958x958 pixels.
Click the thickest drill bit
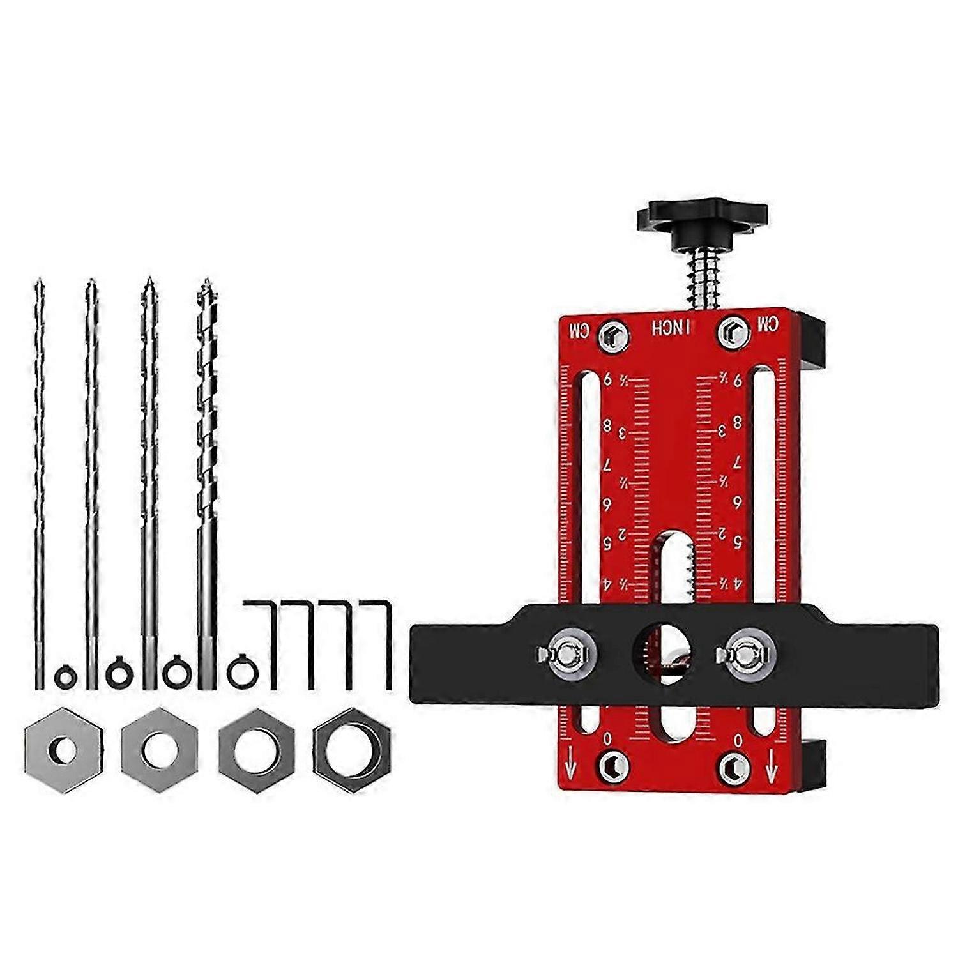(x=206, y=447)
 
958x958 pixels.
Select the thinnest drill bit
(x=39, y=447)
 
